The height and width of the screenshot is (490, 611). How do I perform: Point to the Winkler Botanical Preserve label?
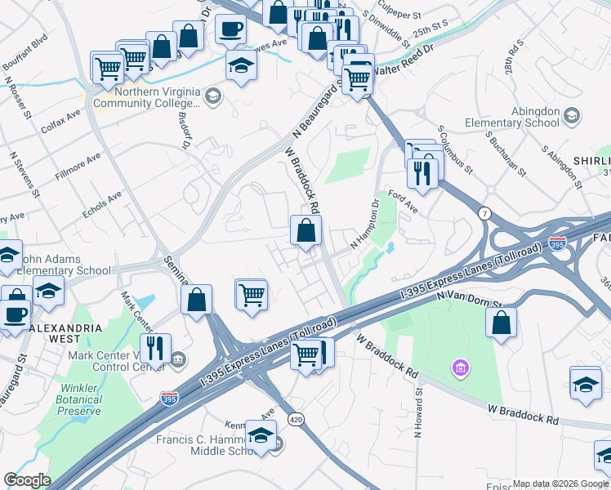79,400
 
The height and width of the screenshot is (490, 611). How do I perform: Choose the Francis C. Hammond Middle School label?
209,445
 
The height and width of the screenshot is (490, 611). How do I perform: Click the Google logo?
27,480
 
